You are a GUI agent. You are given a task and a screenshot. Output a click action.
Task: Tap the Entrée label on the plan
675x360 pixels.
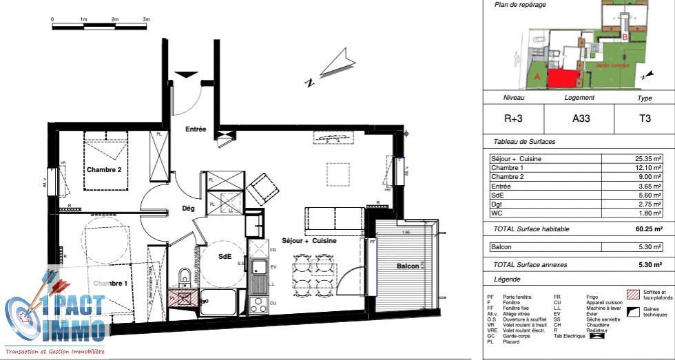pyautogui.click(x=196, y=129)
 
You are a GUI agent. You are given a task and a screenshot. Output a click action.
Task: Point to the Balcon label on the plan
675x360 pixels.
pyautogui.click(x=408, y=266)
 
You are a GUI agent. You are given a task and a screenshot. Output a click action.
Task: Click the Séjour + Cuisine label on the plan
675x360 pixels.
pyautogui.click(x=310, y=240)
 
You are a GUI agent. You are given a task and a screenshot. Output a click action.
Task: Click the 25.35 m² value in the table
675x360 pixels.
pyautogui.click(x=648, y=158)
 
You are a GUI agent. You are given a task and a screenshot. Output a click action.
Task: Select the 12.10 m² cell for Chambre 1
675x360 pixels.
pyautogui.click(x=648, y=168)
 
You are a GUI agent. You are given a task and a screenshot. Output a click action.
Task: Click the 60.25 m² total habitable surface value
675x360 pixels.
pyautogui.click(x=647, y=229)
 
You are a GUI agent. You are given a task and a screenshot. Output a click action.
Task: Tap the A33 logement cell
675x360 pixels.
pyautogui.click(x=579, y=118)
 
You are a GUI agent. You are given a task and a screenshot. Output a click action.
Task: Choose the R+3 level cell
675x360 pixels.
pyautogui.click(x=514, y=118)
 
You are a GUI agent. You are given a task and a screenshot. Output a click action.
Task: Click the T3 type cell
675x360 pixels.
pyautogui.click(x=645, y=118)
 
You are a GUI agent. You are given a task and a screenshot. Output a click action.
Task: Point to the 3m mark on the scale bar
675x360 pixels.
pyautogui.click(x=146, y=21)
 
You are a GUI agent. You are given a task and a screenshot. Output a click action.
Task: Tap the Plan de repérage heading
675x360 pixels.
pyautogui.click(x=520, y=5)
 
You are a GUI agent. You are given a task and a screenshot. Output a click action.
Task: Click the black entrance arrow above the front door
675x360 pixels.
pyautogui.click(x=186, y=74)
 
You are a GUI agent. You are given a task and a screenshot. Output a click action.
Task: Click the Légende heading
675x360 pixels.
pyautogui.click(x=508, y=279)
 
